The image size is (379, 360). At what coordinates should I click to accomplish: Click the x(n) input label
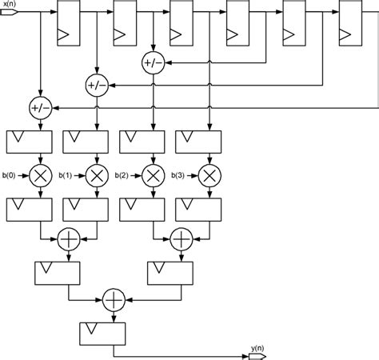pos(10,4)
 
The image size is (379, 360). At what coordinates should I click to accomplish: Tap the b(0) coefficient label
pos(10,174)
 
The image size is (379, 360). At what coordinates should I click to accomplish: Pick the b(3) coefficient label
pos(182,174)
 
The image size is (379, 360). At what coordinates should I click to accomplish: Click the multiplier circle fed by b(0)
pos(39,175)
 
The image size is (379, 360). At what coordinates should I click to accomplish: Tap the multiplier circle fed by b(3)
pos(209,175)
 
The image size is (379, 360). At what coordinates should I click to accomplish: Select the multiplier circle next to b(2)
pos(152,175)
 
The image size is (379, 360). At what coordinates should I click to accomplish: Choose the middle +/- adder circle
pos(96,84)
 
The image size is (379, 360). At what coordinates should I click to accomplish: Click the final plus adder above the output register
pos(114,299)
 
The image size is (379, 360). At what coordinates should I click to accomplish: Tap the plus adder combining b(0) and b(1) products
pos(68,238)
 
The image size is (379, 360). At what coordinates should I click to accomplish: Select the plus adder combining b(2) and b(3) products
pos(181,238)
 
